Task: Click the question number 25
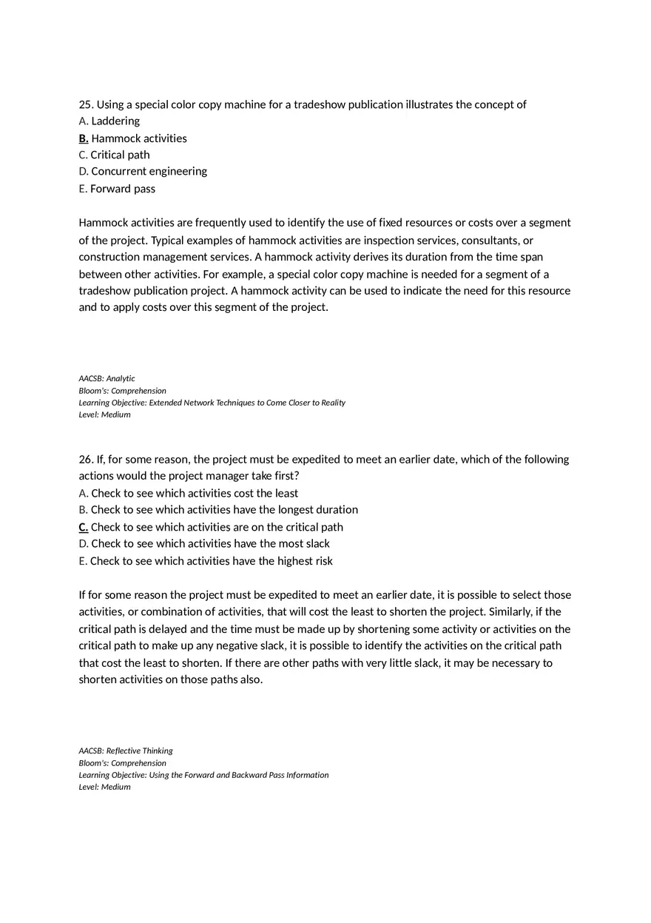(x=86, y=104)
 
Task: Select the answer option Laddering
(x=115, y=121)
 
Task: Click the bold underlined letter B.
(x=84, y=138)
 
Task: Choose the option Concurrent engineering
(x=149, y=171)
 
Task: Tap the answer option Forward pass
(x=123, y=189)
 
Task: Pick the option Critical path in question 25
(x=120, y=155)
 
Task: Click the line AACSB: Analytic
(x=107, y=378)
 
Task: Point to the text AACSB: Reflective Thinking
(x=126, y=751)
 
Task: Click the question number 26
(x=86, y=459)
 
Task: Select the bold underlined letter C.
(x=84, y=527)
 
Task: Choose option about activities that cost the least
(x=195, y=493)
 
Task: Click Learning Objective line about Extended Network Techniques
(x=212, y=403)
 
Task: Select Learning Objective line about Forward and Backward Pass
(x=203, y=775)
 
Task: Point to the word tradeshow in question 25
(x=319, y=104)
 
